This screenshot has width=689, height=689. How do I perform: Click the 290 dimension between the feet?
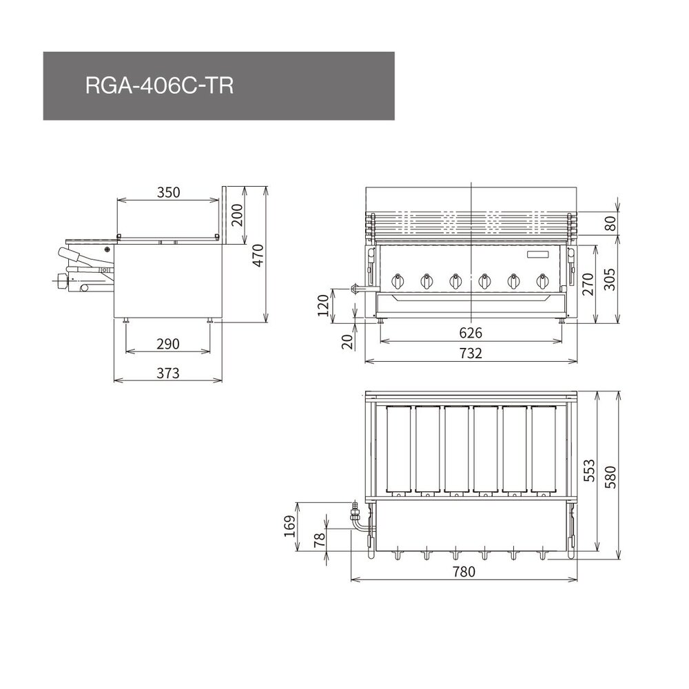click(x=167, y=343)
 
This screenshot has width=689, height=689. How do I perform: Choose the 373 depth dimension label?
click(x=167, y=373)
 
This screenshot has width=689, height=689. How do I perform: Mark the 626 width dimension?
click(x=471, y=333)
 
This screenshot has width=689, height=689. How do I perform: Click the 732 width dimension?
click(x=471, y=353)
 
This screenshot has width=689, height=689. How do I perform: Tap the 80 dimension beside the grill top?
click(x=609, y=223)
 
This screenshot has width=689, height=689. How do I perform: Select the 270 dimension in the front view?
click(x=587, y=282)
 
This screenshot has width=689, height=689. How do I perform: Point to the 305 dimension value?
click(x=609, y=278)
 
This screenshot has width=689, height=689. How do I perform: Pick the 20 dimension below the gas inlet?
click(x=347, y=340)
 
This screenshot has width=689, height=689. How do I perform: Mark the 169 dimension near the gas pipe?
click(x=291, y=526)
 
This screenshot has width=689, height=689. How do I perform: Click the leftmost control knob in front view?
click(x=398, y=280)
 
